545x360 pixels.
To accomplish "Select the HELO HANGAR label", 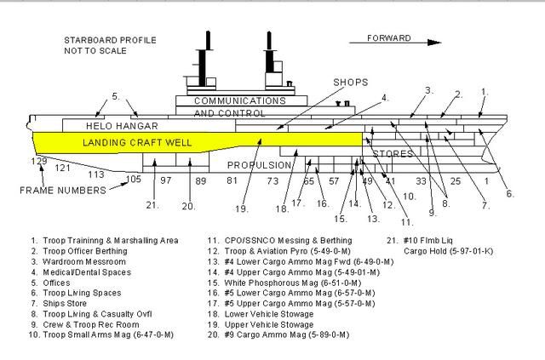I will point(123,126).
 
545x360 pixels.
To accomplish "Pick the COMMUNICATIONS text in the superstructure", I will point(229,100).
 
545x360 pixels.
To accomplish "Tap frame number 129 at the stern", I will point(38,161).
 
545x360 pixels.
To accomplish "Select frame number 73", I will point(272,181).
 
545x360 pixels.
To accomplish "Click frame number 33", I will point(421,181).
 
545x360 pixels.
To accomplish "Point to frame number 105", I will point(134,180).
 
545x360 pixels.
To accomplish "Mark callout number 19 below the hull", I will point(242,209).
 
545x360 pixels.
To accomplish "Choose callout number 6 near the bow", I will point(509,193).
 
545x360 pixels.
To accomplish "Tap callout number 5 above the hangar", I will point(116,95).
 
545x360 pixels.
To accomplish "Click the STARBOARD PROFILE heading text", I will point(103,40).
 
